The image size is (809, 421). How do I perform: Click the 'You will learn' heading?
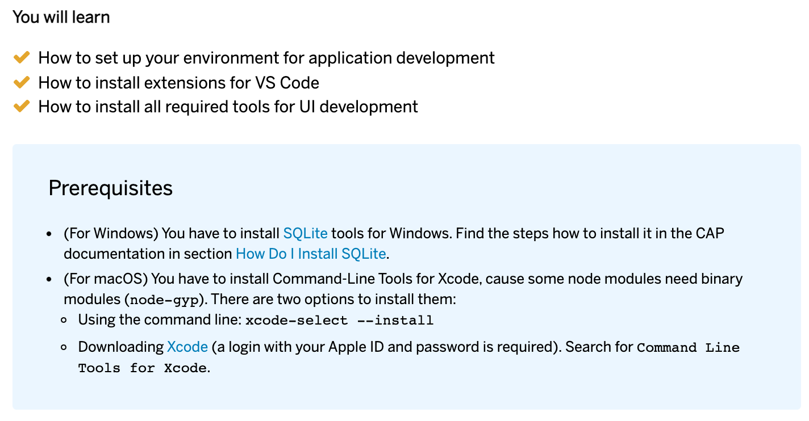[61, 18]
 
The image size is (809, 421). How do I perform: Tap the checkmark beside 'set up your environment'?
[22, 58]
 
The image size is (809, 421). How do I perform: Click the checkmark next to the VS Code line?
[22, 82]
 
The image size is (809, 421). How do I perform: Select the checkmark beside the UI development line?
[22, 107]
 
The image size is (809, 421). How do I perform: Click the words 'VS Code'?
[287, 83]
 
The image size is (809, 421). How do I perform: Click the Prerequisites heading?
[111, 188]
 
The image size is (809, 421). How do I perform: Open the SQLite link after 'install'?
[305, 233]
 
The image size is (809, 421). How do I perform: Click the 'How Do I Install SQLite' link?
[311, 254]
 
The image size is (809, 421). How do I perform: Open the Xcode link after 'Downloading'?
[187, 347]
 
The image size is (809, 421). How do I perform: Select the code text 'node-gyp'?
[164, 300]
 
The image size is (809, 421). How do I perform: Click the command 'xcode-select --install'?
[340, 321]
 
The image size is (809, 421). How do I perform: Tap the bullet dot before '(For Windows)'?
[49, 234]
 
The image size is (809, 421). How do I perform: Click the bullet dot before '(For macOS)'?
[49, 279]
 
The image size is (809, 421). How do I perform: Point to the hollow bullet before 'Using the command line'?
[64, 320]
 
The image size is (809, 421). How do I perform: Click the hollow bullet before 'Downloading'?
[64, 347]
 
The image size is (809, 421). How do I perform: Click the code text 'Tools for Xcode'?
[143, 368]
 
